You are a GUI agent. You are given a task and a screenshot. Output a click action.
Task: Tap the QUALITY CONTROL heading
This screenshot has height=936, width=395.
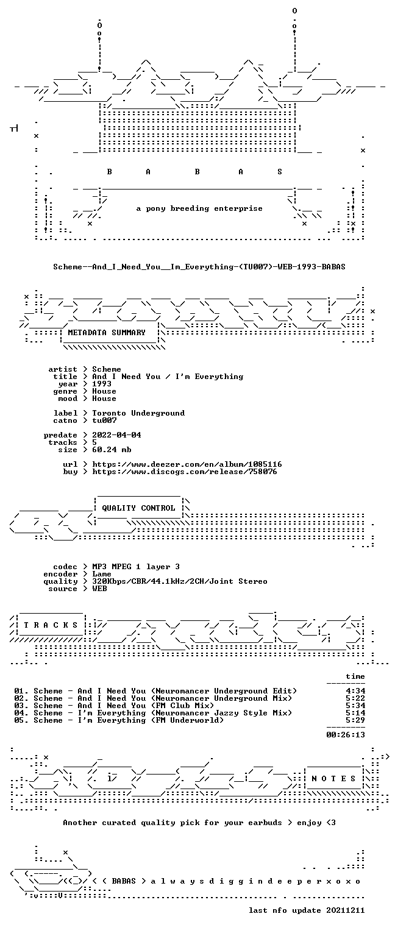pos(138,508)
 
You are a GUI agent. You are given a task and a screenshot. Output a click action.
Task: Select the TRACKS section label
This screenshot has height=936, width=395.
pos(51,625)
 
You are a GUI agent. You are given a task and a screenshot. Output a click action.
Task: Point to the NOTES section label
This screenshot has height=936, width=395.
pos(333,778)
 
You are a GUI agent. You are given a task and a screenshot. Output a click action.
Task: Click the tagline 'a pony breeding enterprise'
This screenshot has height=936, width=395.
pos(199,208)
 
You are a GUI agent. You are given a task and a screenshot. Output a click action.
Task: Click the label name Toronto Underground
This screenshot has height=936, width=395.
pos(138,413)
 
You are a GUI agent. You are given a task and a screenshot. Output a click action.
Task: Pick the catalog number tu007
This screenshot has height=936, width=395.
pos(104,420)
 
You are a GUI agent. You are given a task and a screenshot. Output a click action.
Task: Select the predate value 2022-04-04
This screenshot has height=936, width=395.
pos(116,435)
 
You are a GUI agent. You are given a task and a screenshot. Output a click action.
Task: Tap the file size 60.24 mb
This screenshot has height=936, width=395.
pos(112,450)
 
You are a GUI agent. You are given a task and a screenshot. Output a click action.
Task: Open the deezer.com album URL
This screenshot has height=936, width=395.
pos(187,464)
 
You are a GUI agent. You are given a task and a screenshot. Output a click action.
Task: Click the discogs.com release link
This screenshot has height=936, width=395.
pos(184,472)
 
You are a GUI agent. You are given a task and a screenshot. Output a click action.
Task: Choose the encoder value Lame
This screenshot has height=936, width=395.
pos(102,574)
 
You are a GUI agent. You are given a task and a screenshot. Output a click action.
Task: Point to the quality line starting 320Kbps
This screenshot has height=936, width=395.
pos(180,581)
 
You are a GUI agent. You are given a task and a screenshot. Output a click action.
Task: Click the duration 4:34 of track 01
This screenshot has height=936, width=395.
pos(355,691)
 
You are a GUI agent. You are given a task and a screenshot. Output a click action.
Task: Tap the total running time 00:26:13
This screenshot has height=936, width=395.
pos(346,735)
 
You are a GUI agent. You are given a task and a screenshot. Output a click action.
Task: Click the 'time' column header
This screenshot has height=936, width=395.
pos(355,676)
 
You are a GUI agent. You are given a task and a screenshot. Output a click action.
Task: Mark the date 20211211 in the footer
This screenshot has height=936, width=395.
pos(346,910)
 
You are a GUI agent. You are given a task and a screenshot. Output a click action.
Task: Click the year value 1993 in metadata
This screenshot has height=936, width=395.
pos(102,384)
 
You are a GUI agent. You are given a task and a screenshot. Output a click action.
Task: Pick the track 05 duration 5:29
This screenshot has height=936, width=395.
pos(355,720)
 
